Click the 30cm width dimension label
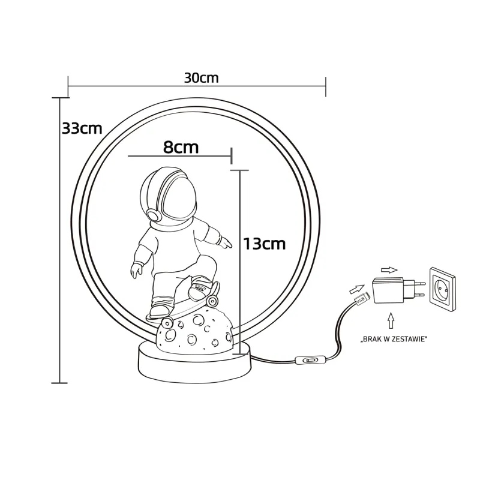click(x=201, y=78)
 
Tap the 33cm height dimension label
click(x=82, y=128)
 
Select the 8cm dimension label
click(x=181, y=147)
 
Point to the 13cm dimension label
click(x=264, y=244)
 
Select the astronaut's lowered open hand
click(x=136, y=270)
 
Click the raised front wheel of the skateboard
click(x=212, y=301)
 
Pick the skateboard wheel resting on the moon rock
click(x=167, y=322)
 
